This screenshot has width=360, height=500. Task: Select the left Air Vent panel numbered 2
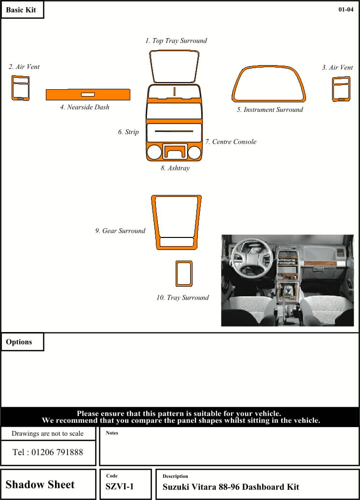click(21, 88)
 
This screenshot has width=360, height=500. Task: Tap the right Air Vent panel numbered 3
click(341, 89)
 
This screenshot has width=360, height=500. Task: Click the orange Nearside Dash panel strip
click(88, 95)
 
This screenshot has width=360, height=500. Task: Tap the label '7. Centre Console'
click(231, 142)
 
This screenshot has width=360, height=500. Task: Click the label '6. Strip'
click(128, 132)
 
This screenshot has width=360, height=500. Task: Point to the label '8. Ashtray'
click(175, 168)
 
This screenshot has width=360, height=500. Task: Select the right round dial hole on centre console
click(194, 153)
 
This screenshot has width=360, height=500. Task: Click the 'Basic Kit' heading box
click(22, 10)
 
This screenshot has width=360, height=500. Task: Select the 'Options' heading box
click(22, 342)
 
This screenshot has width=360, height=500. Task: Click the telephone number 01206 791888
click(48, 452)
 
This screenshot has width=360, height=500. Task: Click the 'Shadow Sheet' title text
click(40, 485)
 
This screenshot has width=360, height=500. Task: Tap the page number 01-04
click(346, 10)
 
